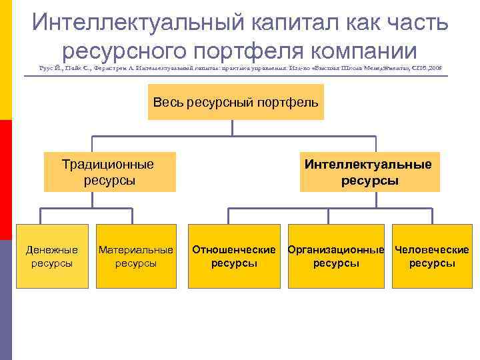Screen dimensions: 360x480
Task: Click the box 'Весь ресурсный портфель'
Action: point(235,102)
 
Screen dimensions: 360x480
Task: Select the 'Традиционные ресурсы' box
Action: point(109,172)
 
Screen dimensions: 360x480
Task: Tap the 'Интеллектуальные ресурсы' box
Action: point(369,172)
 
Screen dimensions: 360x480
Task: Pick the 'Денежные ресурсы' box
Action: point(52,257)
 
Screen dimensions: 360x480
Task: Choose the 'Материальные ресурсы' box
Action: point(136,257)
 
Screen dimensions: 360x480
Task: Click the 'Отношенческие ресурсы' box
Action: point(234,257)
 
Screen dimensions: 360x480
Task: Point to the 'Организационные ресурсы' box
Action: point(336,257)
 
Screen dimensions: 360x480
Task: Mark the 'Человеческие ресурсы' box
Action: point(431,257)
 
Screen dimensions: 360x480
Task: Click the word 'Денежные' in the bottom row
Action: point(52,250)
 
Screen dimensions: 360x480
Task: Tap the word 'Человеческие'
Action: point(431,250)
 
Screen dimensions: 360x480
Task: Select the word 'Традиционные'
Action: point(107,165)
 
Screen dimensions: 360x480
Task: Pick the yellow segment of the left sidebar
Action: point(6,60)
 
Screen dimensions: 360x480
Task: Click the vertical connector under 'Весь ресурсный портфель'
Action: point(235,128)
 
